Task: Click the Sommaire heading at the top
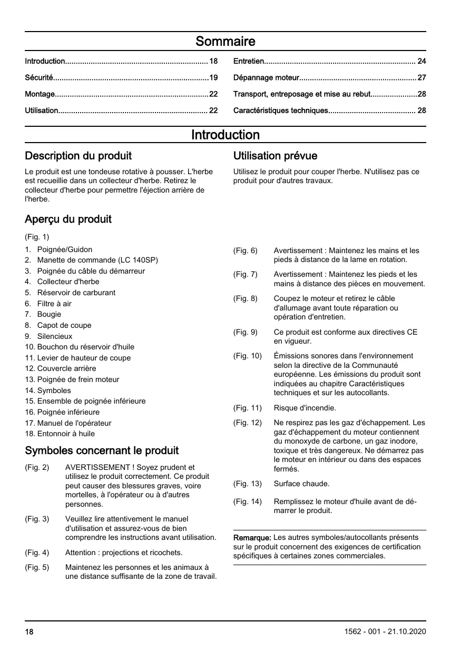coord(225,41)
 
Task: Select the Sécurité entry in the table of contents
coord(39,78)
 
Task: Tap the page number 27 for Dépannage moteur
coord(421,78)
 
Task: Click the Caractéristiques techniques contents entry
coord(280,110)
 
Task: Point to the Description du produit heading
coord(79,156)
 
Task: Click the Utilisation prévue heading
coord(275,156)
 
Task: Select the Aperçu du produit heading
coord(68,219)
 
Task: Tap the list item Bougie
coord(49,314)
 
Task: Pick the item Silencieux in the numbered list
coord(55,336)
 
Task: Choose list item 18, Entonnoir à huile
coord(66,434)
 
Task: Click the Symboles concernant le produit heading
coord(102,450)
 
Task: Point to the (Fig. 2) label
coord(37,467)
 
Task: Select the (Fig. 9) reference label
coord(246,332)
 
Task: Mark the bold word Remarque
coord(252,538)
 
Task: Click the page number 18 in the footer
coord(29,631)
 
